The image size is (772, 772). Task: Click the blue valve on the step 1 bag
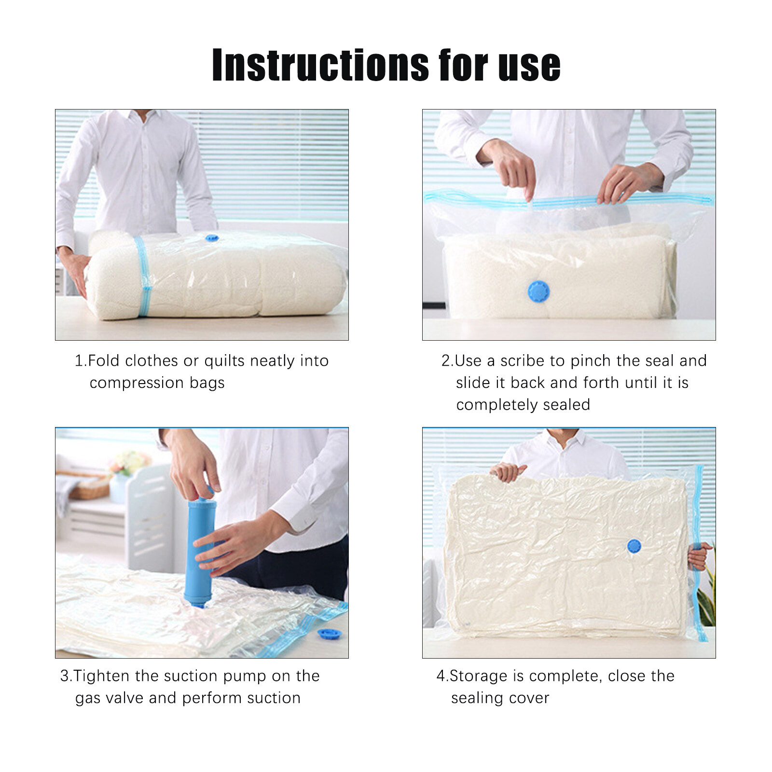(x=212, y=238)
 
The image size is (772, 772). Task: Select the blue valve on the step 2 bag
(x=538, y=291)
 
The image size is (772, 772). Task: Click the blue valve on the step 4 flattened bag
(x=634, y=546)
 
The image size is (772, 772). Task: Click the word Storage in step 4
(x=478, y=676)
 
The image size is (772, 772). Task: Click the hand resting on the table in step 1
(x=75, y=270)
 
